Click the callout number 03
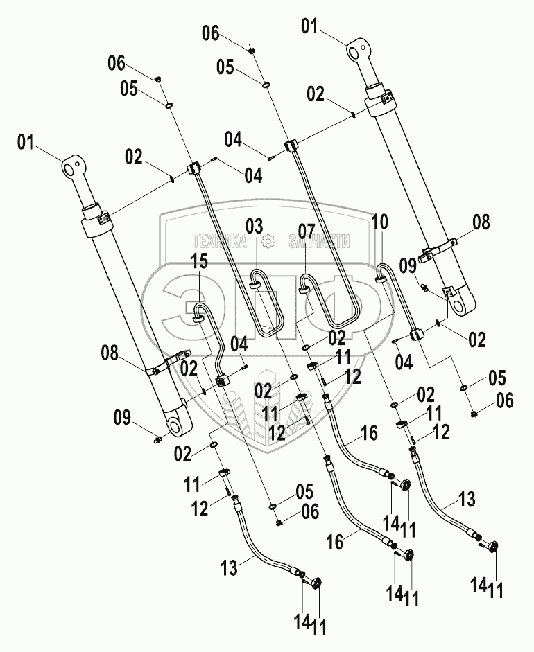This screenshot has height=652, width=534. (x=255, y=226)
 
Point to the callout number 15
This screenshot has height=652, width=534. (x=199, y=263)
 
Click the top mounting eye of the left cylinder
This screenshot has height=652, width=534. (x=71, y=167)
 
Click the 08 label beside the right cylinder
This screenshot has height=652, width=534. (x=481, y=222)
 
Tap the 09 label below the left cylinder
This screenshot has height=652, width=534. (x=121, y=417)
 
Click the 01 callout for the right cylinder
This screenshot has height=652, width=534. (x=309, y=27)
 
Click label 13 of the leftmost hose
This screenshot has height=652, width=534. (x=229, y=567)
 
